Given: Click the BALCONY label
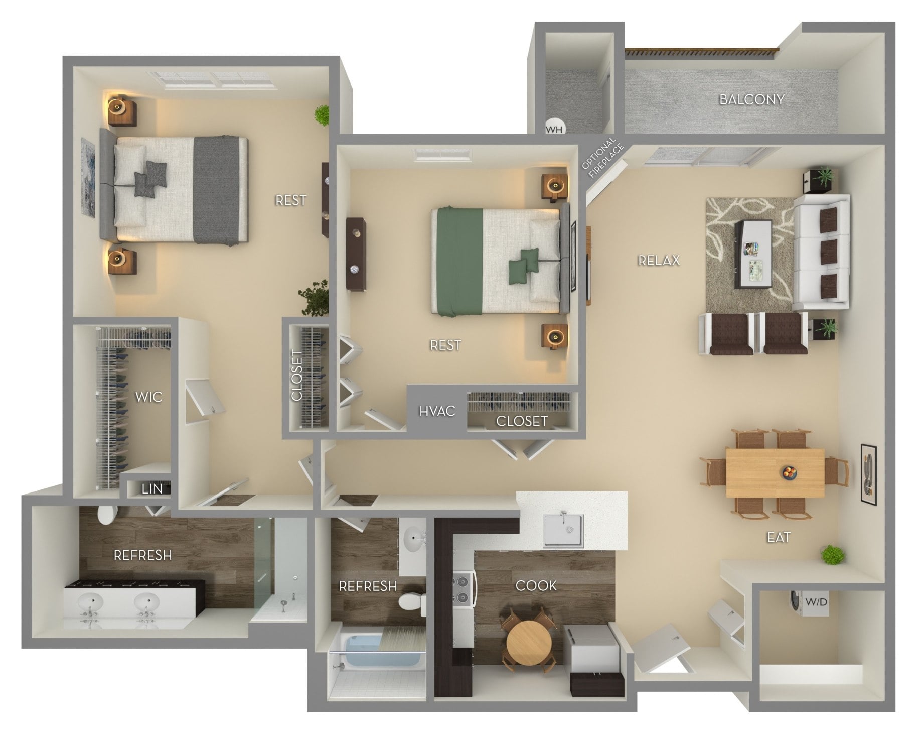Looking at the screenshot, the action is tap(751, 99).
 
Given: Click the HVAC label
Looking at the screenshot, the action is tap(437, 411).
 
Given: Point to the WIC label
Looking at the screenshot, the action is tap(149, 397).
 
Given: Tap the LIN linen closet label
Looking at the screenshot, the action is tap(152, 488).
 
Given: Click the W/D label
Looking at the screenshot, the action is tap(816, 601).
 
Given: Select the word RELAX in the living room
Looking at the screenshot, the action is tap(659, 260).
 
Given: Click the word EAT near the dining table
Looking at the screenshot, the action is tap(779, 537).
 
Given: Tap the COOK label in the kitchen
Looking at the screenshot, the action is tap(536, 585).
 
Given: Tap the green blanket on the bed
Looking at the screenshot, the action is tap(458, 262).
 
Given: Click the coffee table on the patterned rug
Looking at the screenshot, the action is tap(753, 254).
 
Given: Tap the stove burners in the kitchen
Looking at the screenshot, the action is tap(464, 590).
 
